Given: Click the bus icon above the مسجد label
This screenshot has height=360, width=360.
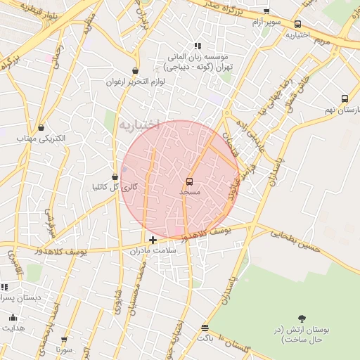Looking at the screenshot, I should pyautogui.click(x=189, y=181).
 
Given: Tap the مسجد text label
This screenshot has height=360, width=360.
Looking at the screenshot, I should pyautogui.click(x=190, y=191).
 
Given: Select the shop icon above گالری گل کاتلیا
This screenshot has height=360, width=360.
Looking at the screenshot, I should pyautogui.click(x=115, y=176).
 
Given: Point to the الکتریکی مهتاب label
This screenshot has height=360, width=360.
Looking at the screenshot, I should pyautogui.click(x=41, y=139).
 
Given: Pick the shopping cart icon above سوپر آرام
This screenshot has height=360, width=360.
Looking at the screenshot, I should pyautogui.click(x=266, y=11).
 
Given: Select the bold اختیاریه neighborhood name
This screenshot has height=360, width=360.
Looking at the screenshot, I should pyautogui.click(x=139, y=125).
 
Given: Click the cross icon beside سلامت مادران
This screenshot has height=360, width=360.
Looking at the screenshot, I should pyautogui.click(x=153, y=240).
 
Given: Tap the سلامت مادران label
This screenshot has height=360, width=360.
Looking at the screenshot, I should pyautogui.click(x=146, y=250).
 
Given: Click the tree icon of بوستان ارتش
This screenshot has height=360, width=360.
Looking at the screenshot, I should pyautogui.click(x=302, y=319).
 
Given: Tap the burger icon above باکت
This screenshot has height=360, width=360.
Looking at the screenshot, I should pyautogui.click(x=205, y=328).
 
